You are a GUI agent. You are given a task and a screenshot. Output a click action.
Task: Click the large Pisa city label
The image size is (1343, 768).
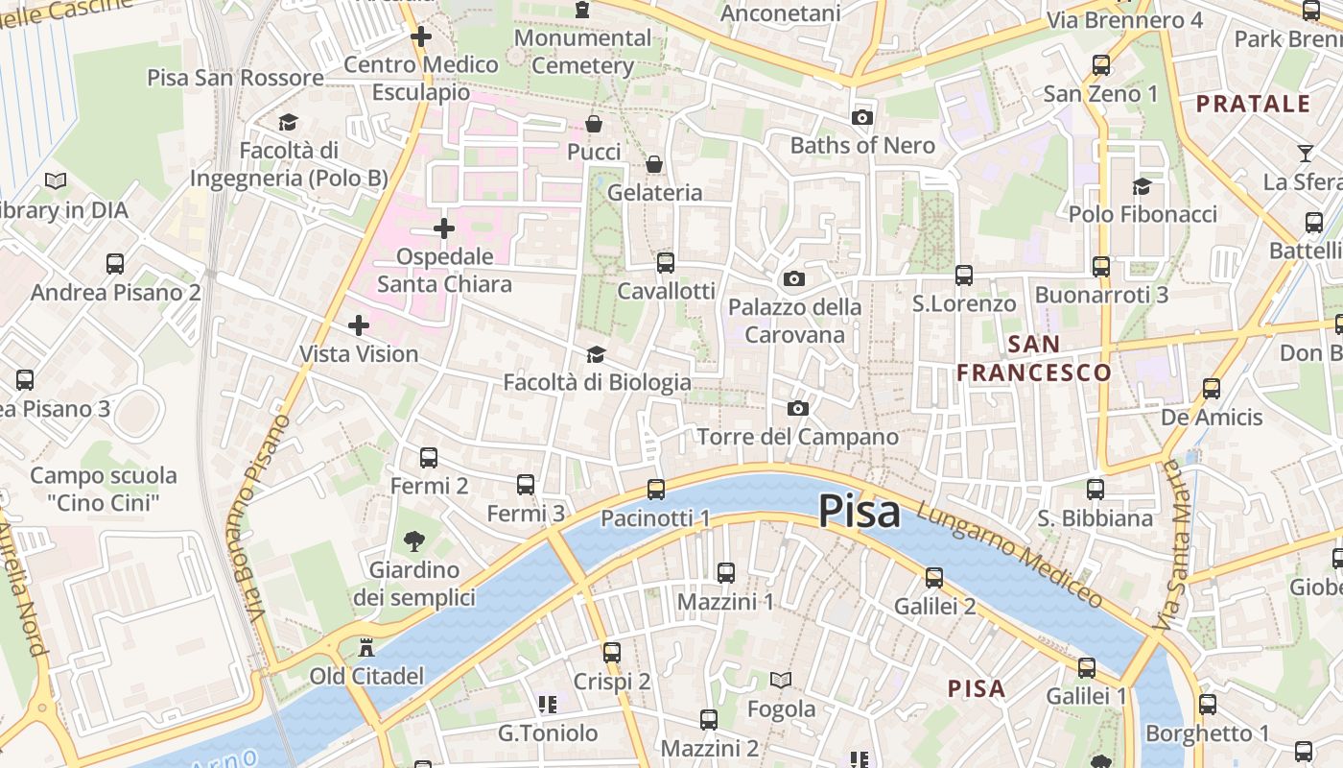(x=860, y=512)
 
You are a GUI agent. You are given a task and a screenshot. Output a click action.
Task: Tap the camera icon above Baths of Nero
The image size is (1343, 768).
(x=862, y=117)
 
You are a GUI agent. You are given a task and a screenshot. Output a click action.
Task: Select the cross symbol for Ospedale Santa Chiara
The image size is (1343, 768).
(x=443, y=228)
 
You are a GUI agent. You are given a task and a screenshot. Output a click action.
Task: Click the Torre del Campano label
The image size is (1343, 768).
(x=797, y=438)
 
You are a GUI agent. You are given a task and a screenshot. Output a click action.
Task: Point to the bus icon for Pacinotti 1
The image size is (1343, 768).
(x=656, y=490)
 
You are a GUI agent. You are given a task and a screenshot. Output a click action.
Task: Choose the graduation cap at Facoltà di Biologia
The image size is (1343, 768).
(x=596, y=355)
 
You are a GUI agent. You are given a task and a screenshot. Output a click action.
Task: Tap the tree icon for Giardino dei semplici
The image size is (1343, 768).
(x=414, y=541)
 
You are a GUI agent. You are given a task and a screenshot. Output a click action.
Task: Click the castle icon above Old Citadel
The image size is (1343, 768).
(x=365, y=649)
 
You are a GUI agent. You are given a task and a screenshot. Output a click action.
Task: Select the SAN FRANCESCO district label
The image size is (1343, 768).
(x=1034, y=358)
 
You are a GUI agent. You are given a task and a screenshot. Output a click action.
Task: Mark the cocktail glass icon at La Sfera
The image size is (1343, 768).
(x=1305, y=154)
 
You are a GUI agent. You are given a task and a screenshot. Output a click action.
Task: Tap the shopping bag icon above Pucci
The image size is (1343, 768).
(x=594, y=125)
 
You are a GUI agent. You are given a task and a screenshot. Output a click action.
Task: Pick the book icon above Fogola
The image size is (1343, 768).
(x=781, y=681)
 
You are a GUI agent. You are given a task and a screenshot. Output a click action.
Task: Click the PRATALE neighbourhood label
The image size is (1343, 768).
(x=1253, y=104)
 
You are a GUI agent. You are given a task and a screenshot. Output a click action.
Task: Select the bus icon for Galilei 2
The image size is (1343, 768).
(x=934, y=578)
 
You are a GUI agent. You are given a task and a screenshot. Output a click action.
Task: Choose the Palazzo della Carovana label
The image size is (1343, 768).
(x=794, y=321)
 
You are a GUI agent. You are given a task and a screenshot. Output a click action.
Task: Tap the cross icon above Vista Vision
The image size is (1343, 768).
(x=359, y=325)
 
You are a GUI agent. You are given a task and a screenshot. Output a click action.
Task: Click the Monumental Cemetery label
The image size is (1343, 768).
(x=582, y=52)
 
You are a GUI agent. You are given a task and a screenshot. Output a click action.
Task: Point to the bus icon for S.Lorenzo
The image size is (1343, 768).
(x=964, y=276)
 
